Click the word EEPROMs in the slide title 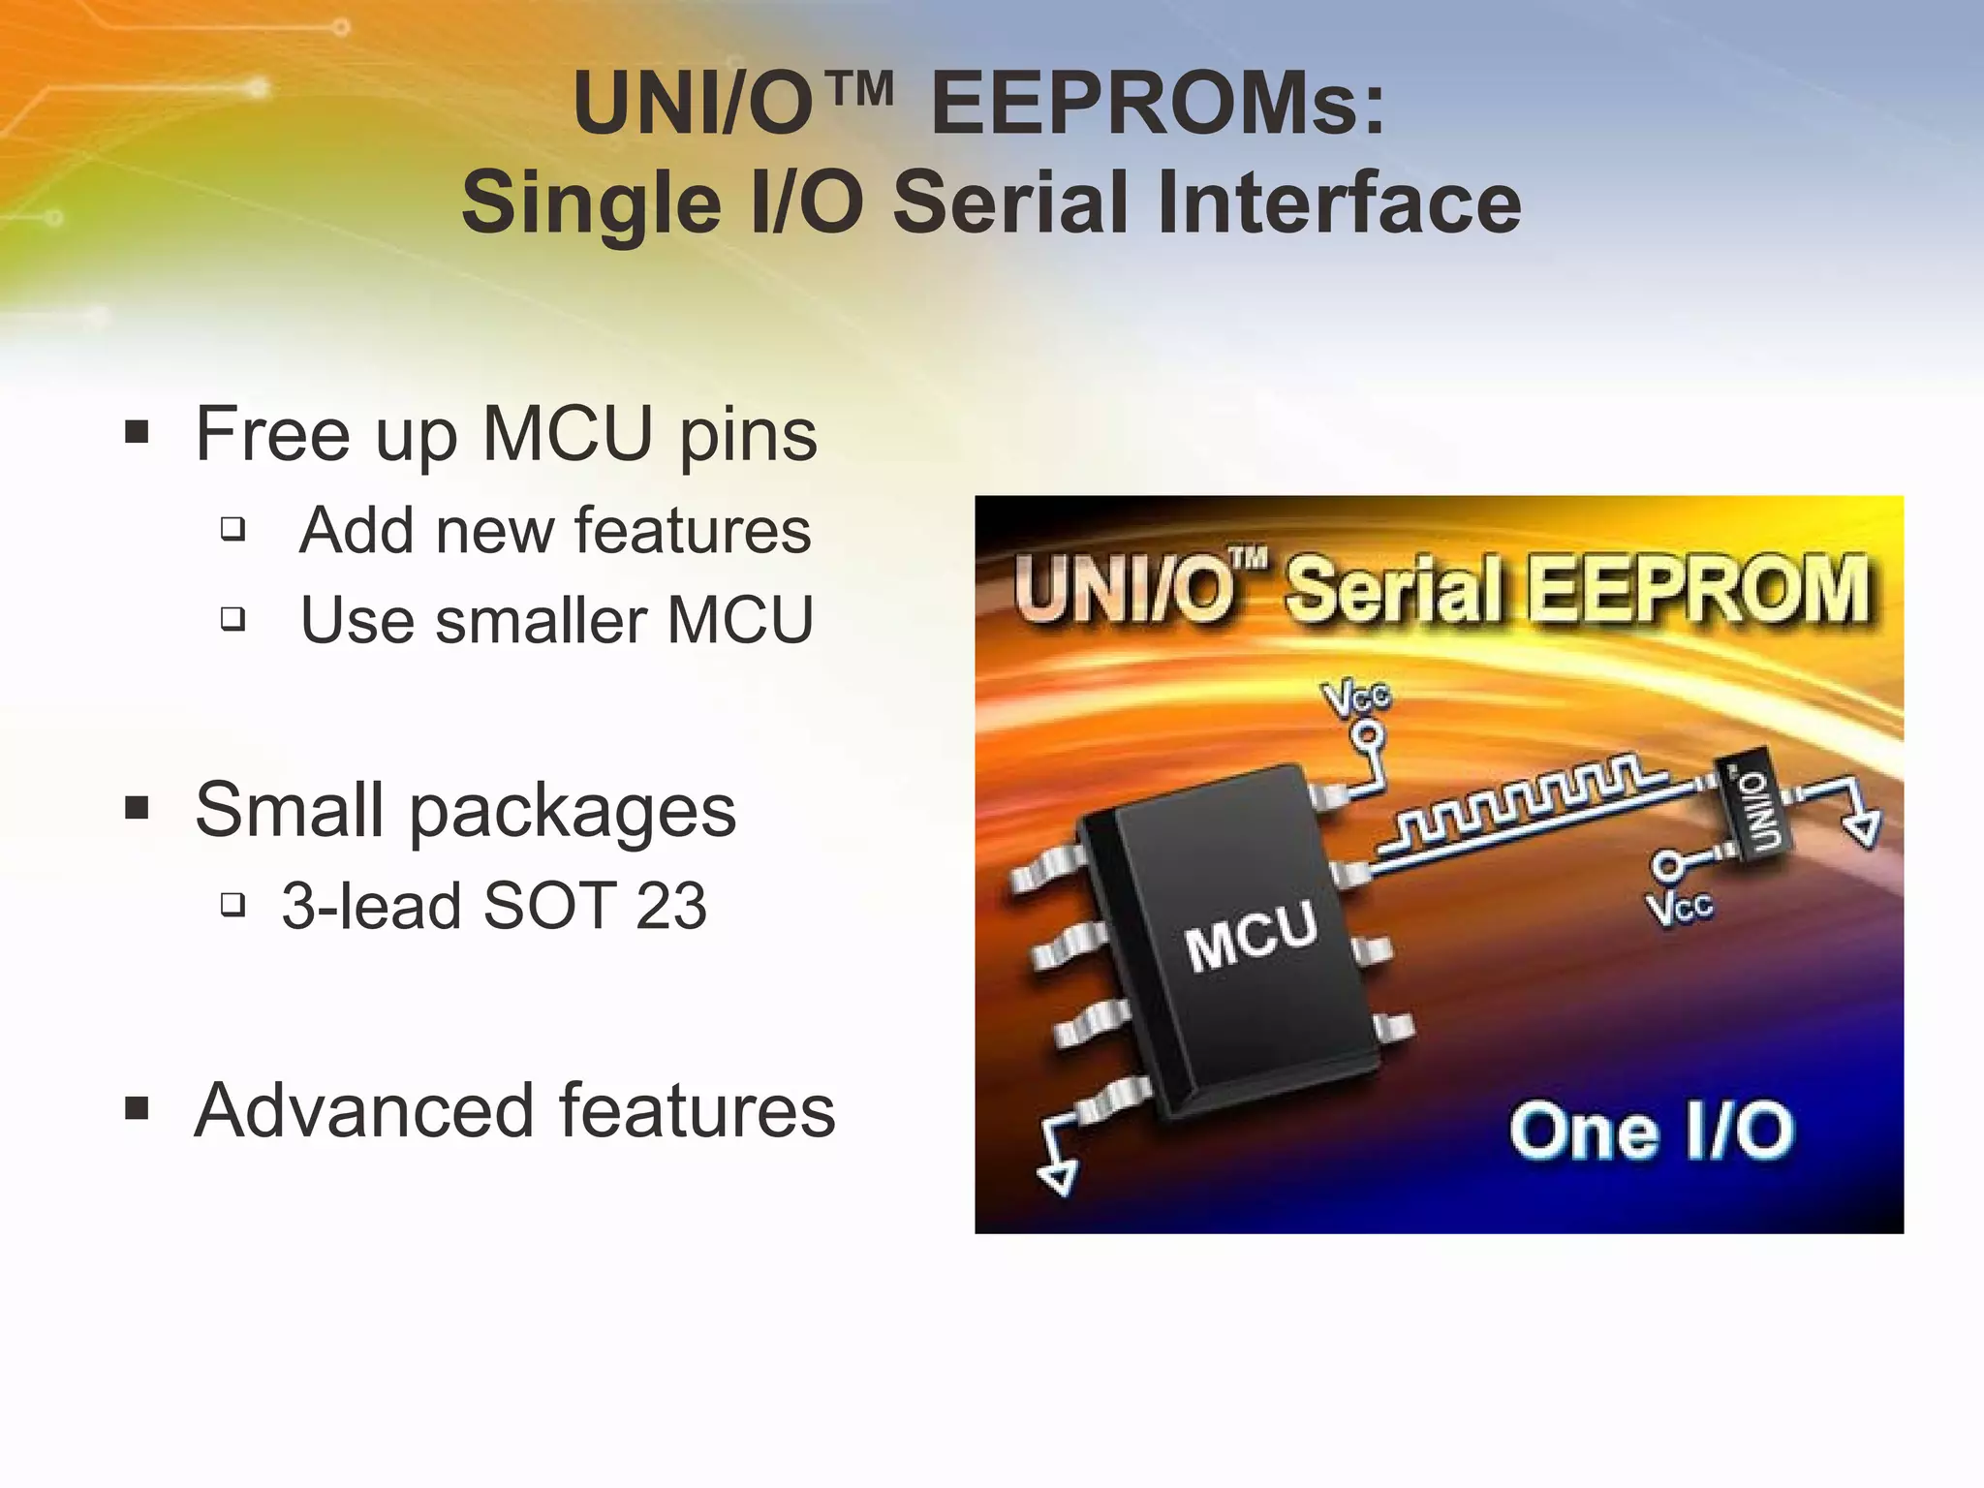(x=1158, y=105)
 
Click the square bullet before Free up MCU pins (x=137, y=432)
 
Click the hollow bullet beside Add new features (x=232, y=529)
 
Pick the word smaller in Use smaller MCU (x=541, y=620)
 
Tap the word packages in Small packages (x=573, y=812)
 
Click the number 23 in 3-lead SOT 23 (x=670, y=907)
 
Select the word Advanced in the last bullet (x=364, y=1110)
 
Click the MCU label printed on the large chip (x=1251, y=934)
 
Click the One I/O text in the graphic (x=1651, y=1131)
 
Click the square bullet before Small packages (x=137, y=808)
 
